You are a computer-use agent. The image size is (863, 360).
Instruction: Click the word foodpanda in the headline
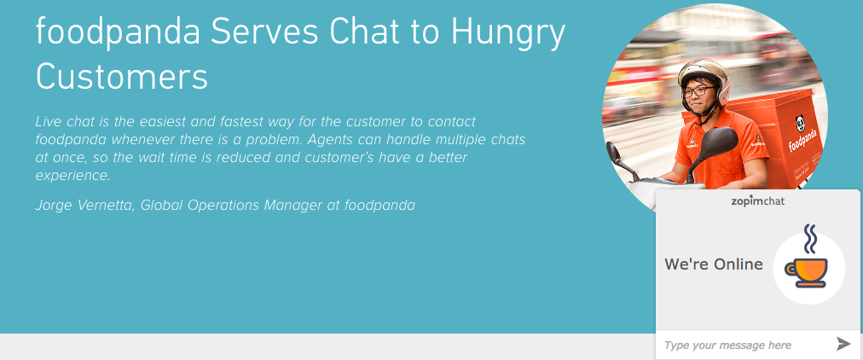117,32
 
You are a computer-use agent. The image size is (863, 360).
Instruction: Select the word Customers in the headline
122,76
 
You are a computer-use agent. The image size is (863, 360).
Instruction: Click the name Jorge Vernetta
85,206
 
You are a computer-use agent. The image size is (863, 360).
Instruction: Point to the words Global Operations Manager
231,206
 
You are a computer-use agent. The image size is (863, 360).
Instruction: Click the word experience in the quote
73,176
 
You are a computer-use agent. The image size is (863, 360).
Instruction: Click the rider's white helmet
704,74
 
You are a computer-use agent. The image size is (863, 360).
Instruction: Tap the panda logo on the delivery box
800,124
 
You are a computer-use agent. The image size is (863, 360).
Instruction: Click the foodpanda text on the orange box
803,142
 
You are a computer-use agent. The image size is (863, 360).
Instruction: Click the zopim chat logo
758,201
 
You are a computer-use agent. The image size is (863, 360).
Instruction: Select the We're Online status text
714,264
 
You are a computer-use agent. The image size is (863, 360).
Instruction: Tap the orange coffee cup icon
808,271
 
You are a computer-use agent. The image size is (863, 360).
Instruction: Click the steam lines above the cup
809,238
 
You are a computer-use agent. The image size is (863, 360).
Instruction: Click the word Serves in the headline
264,32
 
